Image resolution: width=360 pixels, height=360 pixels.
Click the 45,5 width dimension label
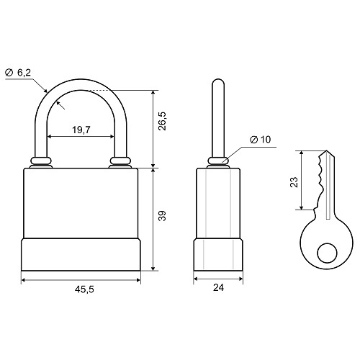[x=84, y=289]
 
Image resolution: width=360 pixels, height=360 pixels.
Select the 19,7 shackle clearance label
[x=81, y=130]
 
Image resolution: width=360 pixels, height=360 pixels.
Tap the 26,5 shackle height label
[x=163, y=121]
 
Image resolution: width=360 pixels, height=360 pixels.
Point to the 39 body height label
[x=163, y=216]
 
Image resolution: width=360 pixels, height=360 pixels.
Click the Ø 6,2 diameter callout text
[x=18, y=73]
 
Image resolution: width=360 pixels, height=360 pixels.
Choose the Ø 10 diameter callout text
[x=261, y=140]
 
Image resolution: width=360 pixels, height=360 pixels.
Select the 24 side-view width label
[x=218, y=287]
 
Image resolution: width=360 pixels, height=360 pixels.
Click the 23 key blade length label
[x=294, y=182]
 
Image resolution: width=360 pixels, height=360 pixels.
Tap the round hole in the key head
[x=328, y=253]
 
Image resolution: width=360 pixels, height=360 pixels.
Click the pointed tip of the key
[x=326, y=150]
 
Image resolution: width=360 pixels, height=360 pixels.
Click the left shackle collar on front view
[x=41, y=163]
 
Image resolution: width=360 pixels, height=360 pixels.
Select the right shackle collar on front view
[x=120, y=163]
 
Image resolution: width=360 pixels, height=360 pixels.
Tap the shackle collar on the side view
[x=218, y=163]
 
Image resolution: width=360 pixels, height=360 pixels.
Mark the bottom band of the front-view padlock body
[x=81, y=254]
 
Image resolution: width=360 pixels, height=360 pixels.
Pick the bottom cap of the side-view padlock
[x=218, y=255]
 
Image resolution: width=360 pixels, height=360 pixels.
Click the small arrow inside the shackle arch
[x=60, y=105]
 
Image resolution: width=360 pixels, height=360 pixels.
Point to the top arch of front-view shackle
[x=81, y=84]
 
